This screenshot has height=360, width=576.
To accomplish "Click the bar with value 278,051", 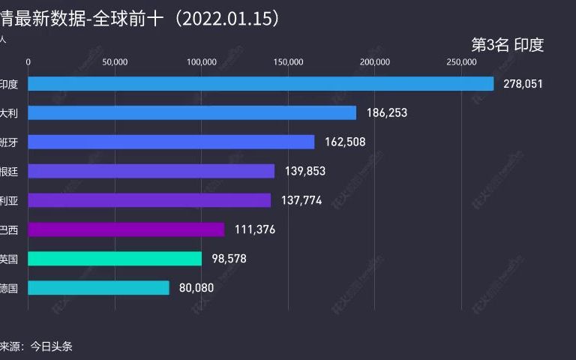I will tap(260, 83).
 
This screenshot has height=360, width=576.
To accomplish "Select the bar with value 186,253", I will tap(192, 112).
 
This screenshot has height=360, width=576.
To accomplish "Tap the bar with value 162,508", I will tap(171, 142).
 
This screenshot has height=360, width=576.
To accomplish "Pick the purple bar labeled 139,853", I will tap(151, 171).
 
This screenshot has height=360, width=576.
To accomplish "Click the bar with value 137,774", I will tap(149, 200).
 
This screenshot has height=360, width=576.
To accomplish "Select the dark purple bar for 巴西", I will tap(126, 229).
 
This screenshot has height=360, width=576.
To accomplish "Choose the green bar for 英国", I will tap(115, 259).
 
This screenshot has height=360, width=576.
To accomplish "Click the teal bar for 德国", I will tap(98, 288).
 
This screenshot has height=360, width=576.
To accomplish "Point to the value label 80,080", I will tap(197, 288).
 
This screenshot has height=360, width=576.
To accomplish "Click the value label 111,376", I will tap(255, 229).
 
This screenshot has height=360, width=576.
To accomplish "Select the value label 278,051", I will tap(523, 83).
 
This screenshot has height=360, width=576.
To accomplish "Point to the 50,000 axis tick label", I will tap(115, 62).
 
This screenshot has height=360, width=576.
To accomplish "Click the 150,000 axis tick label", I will tap(289, 62).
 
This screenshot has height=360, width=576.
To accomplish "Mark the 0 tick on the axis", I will tap(28, 62).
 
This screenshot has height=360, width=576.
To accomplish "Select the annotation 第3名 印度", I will tap(507, 45).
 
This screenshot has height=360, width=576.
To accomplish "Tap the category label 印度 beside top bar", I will tap(9, 83).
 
